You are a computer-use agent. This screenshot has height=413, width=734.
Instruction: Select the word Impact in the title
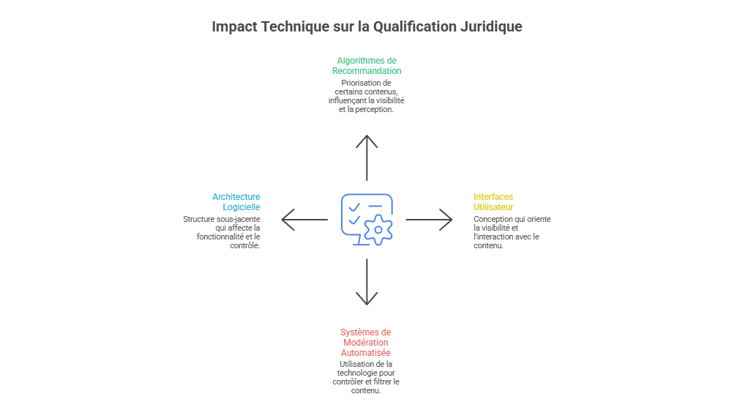[233, 27]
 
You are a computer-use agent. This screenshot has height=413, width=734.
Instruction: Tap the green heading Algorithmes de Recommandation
[367, 66]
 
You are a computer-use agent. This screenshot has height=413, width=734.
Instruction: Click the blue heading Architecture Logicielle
[236, 202]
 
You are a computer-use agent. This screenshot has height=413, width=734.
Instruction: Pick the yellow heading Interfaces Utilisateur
[493, 202]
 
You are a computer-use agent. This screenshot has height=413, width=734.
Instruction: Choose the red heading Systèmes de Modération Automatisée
[366, 343]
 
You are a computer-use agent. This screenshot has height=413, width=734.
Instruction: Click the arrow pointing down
[367, 282]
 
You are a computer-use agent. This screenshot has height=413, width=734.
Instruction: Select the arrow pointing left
[304, 219]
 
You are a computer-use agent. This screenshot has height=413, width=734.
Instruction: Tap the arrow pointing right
[430, 219]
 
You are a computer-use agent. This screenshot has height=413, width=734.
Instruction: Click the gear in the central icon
[378, 230]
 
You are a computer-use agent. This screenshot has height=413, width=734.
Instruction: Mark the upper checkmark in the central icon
[354, 207]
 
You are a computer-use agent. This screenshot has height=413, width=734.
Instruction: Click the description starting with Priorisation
[367, 96]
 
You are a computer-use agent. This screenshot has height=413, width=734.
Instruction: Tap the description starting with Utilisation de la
[366, 377]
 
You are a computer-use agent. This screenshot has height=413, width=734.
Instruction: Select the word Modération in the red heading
[366, 343]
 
